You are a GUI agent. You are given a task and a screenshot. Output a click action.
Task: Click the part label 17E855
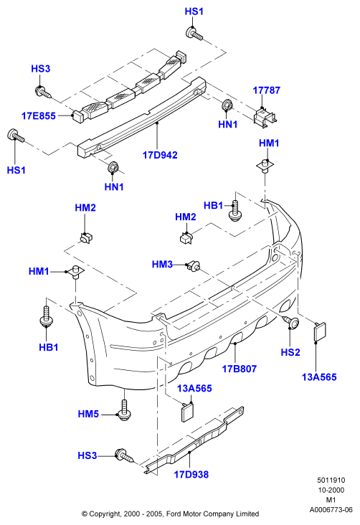pos(39,116)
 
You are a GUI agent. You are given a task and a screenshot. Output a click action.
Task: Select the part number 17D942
pos(160,155)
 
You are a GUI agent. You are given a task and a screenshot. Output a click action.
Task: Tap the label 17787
pos(266,90)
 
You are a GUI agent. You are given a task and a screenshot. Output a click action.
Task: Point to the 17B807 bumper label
pos(239,369)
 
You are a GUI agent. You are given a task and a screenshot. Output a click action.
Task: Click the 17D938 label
pos(191,474)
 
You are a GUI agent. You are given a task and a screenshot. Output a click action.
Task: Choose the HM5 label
pos(88,414)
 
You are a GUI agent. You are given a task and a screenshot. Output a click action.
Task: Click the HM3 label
pos(162,264)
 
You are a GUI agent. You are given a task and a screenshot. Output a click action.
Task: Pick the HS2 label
pos(290,352)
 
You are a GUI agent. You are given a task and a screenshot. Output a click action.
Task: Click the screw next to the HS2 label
pos(292,322)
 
